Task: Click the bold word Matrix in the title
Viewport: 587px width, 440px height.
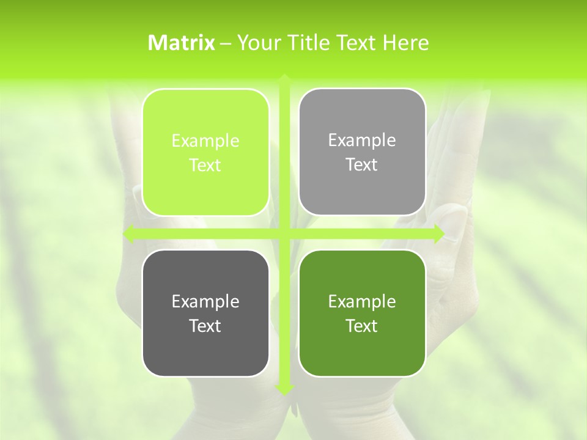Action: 182,43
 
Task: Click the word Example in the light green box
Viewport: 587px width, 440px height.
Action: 205,141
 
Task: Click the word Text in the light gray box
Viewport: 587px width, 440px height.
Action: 362,165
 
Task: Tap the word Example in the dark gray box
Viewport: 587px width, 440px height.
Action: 205,302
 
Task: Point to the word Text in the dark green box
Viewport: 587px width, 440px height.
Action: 362,326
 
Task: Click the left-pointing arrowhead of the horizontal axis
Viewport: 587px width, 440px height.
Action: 129,234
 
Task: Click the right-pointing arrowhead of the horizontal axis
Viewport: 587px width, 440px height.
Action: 438,234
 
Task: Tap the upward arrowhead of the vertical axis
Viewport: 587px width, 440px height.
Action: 284,78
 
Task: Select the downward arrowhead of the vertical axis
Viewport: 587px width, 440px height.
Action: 284,389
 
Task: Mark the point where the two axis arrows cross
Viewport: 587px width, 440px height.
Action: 284,234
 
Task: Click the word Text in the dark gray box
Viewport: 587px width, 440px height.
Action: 205,326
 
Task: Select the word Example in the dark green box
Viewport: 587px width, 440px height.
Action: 362,302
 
